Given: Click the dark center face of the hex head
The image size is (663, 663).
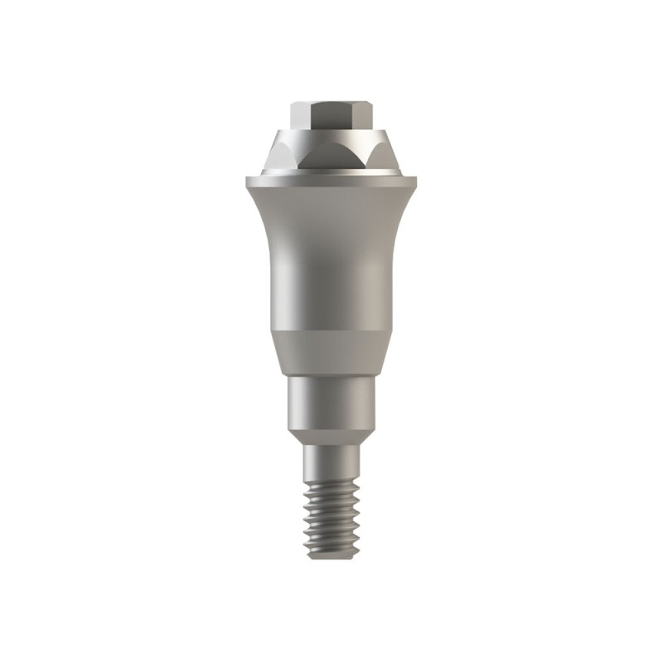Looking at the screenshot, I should pos(331,113).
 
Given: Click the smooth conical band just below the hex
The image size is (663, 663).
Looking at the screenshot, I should pos(331,133).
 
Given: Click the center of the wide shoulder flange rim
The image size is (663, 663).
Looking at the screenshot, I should pos(331,180).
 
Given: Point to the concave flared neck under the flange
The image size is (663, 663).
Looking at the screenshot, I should pos(331,215).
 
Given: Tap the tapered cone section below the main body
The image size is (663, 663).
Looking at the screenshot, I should pos(331,352).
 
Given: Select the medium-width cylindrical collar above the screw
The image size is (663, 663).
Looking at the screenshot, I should pos(331,402).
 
